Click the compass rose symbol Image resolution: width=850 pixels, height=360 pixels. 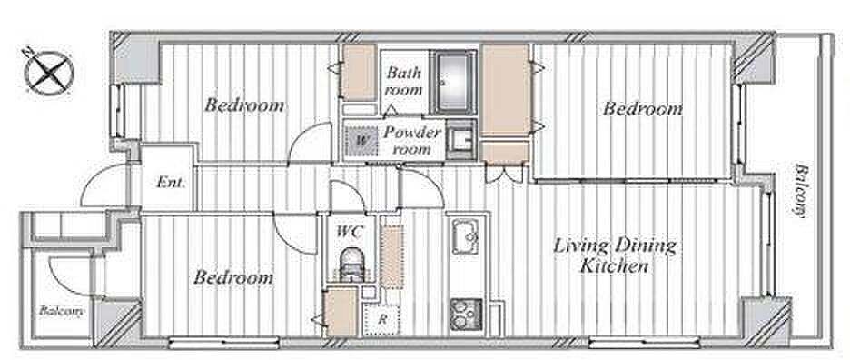click(x=50, y=72)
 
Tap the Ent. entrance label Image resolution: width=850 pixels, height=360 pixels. click(x=171, y=183)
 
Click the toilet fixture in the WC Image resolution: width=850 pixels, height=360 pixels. click(x=351, y=265)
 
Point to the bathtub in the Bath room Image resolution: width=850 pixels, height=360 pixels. click(x=454, y=82)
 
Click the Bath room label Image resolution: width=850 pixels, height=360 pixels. click(x=404, y=81)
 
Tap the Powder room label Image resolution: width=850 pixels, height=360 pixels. click(x=411, y=140)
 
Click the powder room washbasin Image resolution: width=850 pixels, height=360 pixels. click(x=461, y=140)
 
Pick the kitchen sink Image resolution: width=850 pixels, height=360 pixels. click(x=466, y=236)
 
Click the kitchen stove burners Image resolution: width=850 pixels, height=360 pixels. click(x=467, y=315)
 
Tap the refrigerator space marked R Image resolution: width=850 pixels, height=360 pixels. click(x=382, y=319)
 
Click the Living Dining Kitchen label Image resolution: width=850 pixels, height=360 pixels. click(x=614, y=255)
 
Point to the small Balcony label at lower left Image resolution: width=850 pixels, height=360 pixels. click(x=61, y=312)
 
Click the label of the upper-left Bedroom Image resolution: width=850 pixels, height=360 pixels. click(x=244, y=105)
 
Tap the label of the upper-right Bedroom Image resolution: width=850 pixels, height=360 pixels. click(x=642, y=108)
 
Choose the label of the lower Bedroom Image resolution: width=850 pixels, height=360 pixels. click(x=233, y=278)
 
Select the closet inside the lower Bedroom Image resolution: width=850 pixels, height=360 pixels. click(x=341, y=314)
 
